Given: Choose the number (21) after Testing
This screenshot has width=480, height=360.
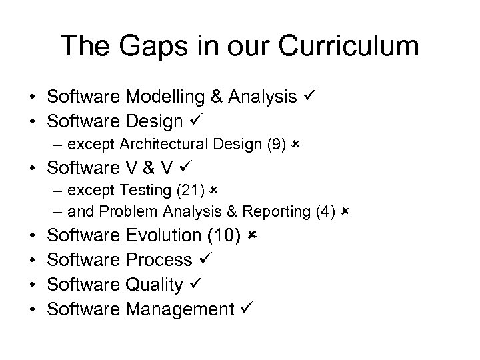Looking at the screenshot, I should (x=193, y=190).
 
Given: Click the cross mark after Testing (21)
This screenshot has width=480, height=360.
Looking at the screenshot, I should (x=213, y=190).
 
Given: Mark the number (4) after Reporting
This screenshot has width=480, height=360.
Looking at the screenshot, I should (x=323, y=212).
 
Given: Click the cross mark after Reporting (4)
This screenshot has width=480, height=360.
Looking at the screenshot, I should (x=344, y=212).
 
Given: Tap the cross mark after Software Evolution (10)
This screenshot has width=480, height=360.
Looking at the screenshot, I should (x=251, y=236).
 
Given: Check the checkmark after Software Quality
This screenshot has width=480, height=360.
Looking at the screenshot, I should (x=193, y=285).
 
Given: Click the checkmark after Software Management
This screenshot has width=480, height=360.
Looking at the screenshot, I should (x=245, y=309).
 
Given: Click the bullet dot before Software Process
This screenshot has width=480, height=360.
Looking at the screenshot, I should (x=32, y=261).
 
